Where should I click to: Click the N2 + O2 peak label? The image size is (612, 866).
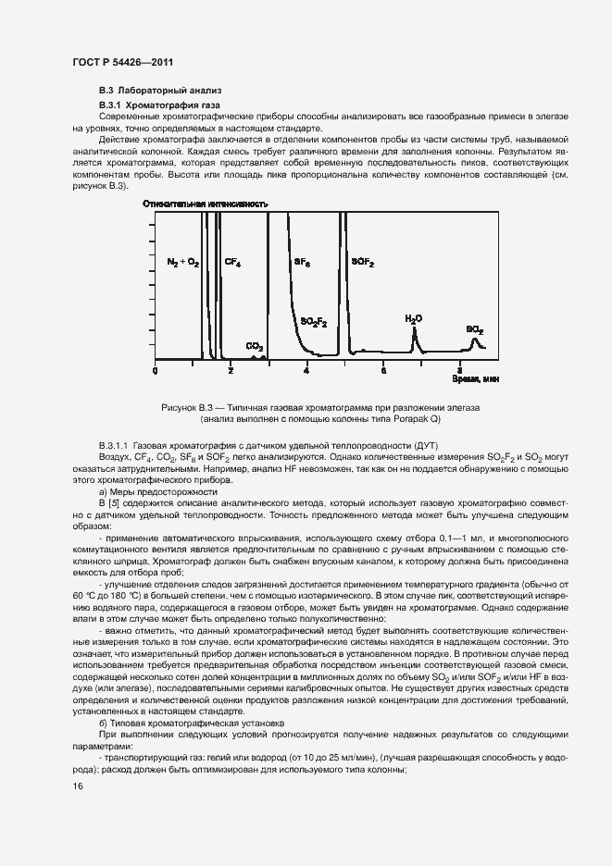point(182,263)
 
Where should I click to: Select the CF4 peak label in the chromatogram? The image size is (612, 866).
point(233,263)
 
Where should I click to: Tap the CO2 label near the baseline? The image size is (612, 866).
point(254,346)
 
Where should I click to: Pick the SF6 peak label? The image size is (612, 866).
point(303,263)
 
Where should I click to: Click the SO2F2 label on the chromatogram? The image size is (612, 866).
point(314,321)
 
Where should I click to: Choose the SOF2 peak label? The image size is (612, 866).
point(362,263)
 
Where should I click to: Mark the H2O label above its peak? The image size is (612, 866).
point(413,318)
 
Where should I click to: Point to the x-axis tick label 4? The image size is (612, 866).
point(306,370)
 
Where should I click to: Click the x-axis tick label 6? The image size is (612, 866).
point(383,370)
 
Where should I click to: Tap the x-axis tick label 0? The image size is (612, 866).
point(155,370)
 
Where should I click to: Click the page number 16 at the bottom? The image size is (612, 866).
point(78,786)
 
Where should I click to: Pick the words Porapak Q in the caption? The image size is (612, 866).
point(417,418)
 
